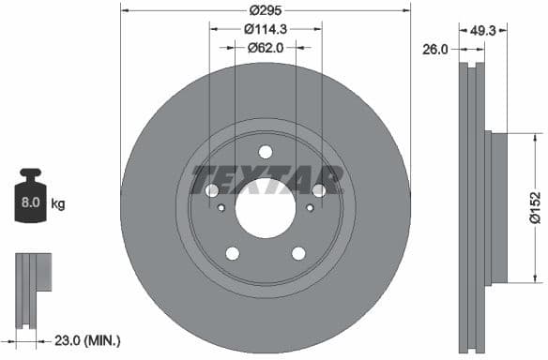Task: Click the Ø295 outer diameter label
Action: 266,11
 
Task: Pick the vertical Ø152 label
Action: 535,207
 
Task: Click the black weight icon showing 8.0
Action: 30,196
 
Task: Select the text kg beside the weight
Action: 57,202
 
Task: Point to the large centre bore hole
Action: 266,208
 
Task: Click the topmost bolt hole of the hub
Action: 266,152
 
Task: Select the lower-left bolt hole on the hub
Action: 232,253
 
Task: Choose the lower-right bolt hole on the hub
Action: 298,253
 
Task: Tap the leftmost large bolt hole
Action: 211,190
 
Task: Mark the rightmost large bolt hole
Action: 319,190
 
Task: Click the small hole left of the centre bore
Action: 221,208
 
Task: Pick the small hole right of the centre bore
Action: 310,208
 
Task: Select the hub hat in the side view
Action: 496,207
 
